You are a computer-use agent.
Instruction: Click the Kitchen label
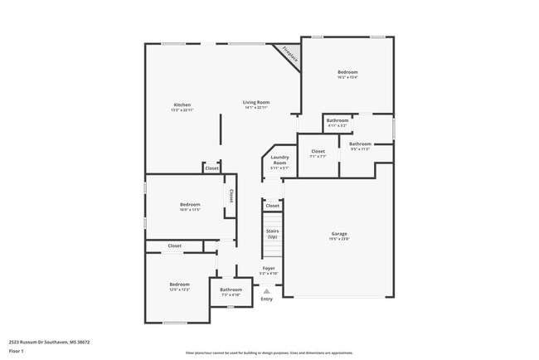182,105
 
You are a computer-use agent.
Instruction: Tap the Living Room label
256,102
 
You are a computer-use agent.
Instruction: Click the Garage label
339,234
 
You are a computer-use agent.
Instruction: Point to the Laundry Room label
279,161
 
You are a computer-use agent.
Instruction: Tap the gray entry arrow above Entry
266,291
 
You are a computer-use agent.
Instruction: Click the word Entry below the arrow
266,299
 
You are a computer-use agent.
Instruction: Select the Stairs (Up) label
272,233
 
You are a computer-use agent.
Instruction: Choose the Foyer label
269,268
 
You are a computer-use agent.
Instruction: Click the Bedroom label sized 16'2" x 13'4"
347,73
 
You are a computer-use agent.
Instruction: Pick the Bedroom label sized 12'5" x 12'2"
179,285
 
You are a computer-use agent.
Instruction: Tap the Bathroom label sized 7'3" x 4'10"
231,289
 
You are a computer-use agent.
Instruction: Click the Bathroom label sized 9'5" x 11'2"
360,144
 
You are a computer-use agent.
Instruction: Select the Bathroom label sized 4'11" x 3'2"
337,121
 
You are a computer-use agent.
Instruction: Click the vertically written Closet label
231,196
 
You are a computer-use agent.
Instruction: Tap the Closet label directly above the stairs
272,206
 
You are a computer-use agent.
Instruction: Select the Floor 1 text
17,350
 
